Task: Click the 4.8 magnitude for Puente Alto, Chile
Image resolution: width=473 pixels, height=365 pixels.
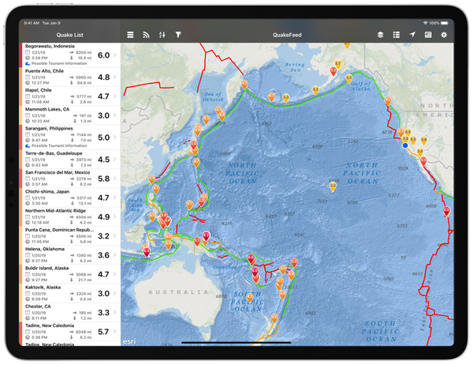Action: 102,77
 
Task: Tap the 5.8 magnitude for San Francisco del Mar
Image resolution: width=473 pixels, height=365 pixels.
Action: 102,179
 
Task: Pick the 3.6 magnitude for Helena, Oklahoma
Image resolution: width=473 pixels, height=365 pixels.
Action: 102,256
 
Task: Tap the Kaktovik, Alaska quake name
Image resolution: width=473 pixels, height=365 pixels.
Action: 45,288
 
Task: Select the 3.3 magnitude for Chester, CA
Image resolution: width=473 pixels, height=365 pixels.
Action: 102,314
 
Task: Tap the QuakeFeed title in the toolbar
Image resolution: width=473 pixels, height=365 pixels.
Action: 285,35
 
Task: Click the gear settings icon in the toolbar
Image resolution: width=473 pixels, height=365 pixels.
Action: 444,35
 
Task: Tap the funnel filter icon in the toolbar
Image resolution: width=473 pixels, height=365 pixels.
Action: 178,35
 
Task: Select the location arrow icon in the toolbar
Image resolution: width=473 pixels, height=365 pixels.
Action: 412,35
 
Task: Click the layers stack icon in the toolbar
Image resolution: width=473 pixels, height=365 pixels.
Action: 380,35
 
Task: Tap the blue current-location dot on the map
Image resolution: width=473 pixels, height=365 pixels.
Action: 405,145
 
